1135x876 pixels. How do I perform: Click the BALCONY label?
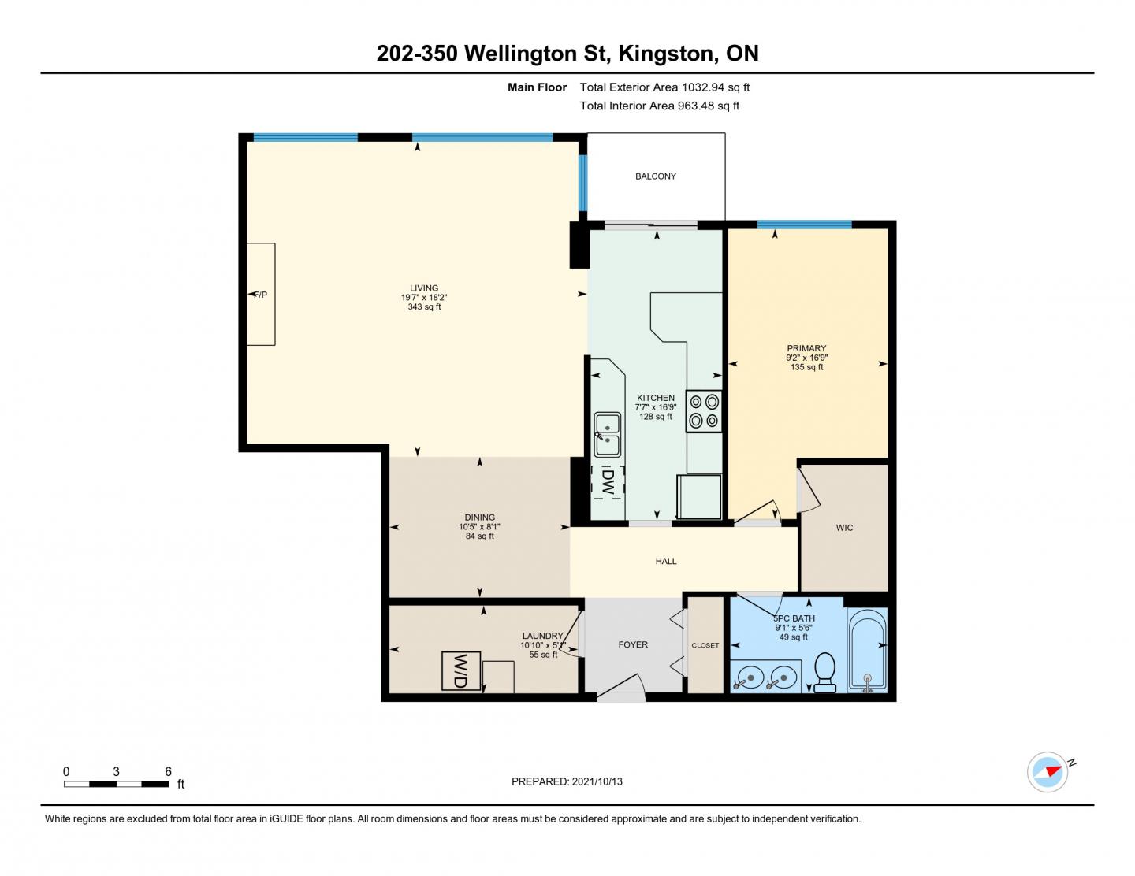pyautogui.click(x=655, y=176)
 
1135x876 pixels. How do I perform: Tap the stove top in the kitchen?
pyautogui.click(x=704, y=411)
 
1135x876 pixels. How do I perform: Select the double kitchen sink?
pyautogui.click(x=607, y=435)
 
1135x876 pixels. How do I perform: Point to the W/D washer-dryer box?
pyautogui.click(x=460, y=671)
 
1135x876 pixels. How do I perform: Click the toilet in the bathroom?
pyautogui.click(x=824, y=673)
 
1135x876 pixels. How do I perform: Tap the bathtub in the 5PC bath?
pyautogui.click(x=867, y=650)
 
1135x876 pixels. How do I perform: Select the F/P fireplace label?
pyautogui.click(x=261, y=295)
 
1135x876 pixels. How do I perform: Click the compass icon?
pyautogui.click(x=1048, y=772)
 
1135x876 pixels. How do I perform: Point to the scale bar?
pyautogui.click(x=116, y=784)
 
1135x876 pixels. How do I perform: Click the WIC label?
pyautogui.click(x=844, y=528)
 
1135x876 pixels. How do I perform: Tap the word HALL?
pyautogui.click(x=666, y=561)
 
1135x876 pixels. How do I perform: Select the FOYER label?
pyautogui.click(x=633, y=644)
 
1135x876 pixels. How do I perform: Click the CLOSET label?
pyautogui.click(x=705, y=645)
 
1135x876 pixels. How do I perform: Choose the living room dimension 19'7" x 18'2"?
pyautogui.click(x=424, y=298)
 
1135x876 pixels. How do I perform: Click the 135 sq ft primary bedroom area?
pyautogui.click(x=806, y=367)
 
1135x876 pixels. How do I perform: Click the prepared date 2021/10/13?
pyautogui.click(x=597, y=781)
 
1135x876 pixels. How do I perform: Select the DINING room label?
pyautogui.click(x=479, y=518)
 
